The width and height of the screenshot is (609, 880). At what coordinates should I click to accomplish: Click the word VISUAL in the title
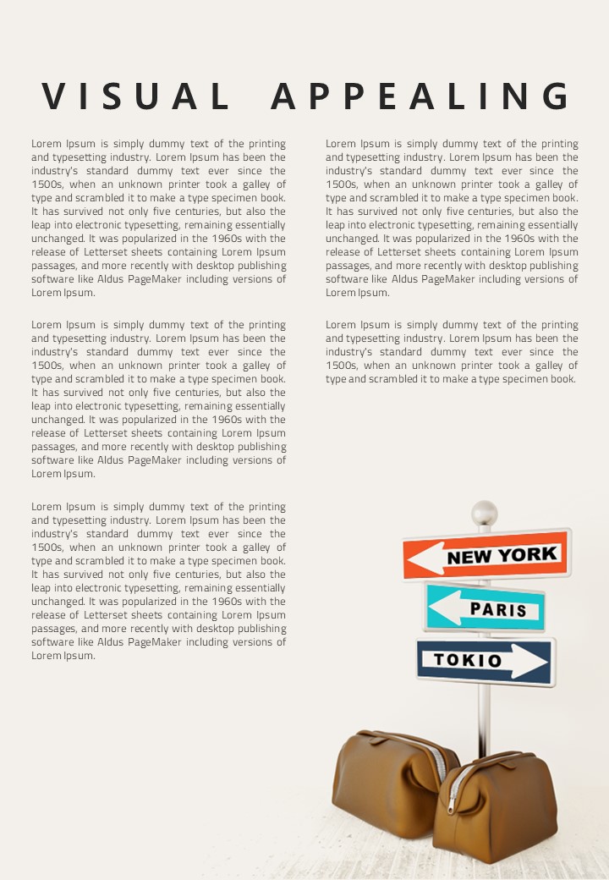click(x=136, y=96)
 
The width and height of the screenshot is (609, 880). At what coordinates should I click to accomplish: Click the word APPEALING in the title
click(x=421, y=96)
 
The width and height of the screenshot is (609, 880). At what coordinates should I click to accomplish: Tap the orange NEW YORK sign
click(x=486, y=554)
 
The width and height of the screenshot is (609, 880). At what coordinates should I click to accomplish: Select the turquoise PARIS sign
click(x=484, y=608)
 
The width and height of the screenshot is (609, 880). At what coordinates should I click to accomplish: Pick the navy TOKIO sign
click(x=486, y=661)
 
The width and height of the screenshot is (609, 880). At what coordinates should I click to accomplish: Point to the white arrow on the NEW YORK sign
click(x=427, y=558)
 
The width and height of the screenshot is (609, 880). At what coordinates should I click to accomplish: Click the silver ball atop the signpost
click(x=484, y=513)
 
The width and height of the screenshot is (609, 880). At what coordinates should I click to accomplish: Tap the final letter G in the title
click(x=557, y=96)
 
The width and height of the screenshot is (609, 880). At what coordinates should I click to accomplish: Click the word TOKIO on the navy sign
click(x=468, y=660)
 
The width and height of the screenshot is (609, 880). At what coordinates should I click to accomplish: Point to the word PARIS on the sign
click(x=498, y=609)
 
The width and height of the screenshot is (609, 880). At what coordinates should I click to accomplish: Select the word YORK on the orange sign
click(x=526, y=554)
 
